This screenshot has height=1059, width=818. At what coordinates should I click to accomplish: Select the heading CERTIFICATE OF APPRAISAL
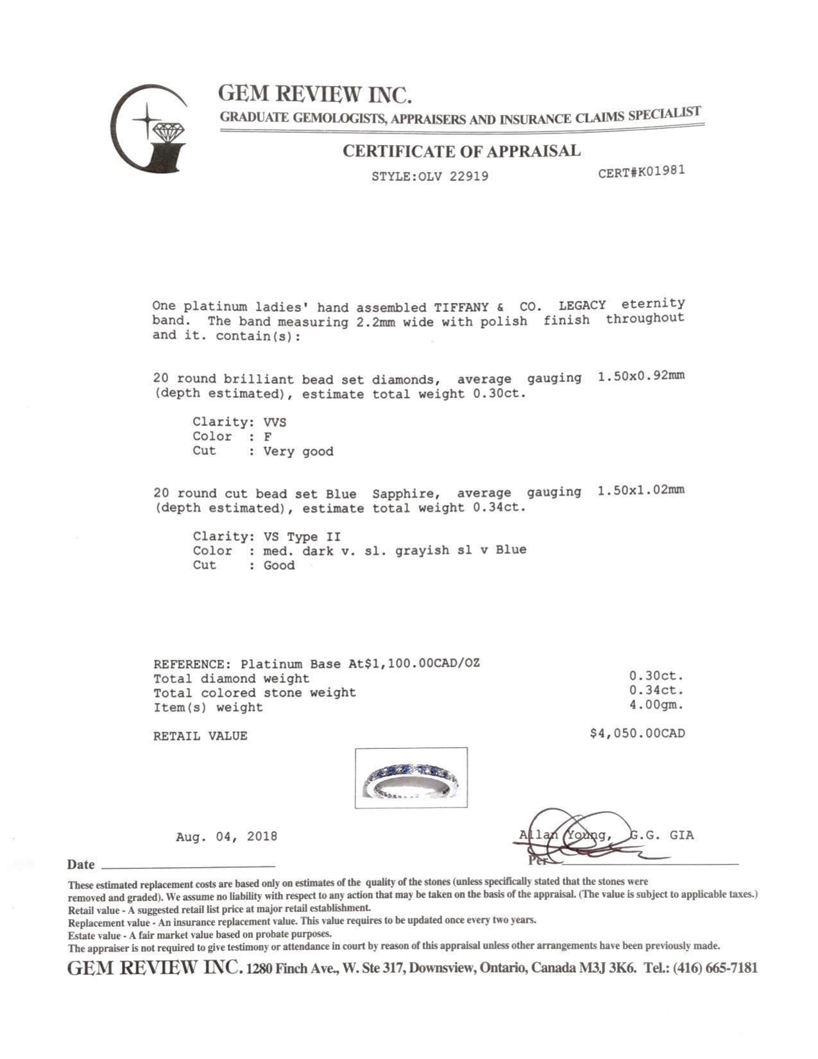click(461, 151)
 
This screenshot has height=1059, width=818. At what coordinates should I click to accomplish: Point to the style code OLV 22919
click(454, 175)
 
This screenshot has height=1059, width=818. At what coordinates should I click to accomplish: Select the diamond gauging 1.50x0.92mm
click(640, 376)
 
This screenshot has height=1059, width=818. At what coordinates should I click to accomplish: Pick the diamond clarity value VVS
click(275, 422)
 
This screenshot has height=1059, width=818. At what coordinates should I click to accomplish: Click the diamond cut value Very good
click(298, 451)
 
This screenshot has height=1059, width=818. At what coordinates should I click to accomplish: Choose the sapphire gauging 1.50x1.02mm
click(640, 490)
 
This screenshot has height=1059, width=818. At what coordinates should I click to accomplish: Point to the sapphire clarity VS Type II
click(302, 537)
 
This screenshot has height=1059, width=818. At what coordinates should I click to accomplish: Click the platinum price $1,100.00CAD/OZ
click(422, 663)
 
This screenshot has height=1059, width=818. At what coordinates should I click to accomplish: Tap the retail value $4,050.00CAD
click(637, 733)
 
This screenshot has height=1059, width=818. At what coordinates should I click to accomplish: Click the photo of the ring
click(411, 777)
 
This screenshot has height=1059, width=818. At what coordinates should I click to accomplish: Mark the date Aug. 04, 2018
click(226, 836)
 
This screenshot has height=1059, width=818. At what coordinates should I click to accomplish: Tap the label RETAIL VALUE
click(200, 736)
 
